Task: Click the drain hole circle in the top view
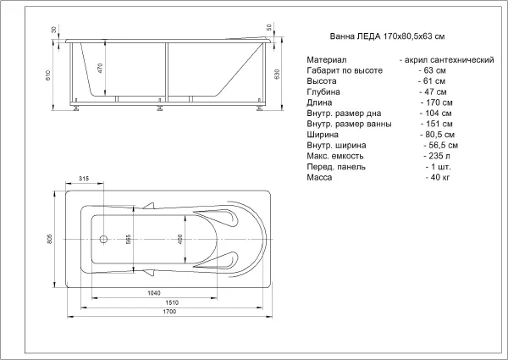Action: tap(103, 240)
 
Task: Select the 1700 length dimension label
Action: tap(169, 312)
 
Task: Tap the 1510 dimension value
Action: tap(172, 302)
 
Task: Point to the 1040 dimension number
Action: tap(154, 293)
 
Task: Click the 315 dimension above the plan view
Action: tap(84, 179)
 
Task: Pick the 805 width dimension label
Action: tap(50, 239)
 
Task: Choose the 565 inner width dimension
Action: tap(129, 239)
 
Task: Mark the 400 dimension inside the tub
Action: tap(180, 239)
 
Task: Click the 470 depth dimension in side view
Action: tap(100, 68)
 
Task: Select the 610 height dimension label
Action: tap(48, 75)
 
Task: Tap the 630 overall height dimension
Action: tap(277, 75)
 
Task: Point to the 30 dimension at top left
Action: tap(54, 30)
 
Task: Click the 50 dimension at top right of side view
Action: tap(269, 27)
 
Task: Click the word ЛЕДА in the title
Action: tap(368, 36)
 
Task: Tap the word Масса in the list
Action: tap(319, 178)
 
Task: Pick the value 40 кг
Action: tap(440, 178)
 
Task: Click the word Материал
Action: tap(327, 60)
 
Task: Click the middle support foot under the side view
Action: tap(160, 108)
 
